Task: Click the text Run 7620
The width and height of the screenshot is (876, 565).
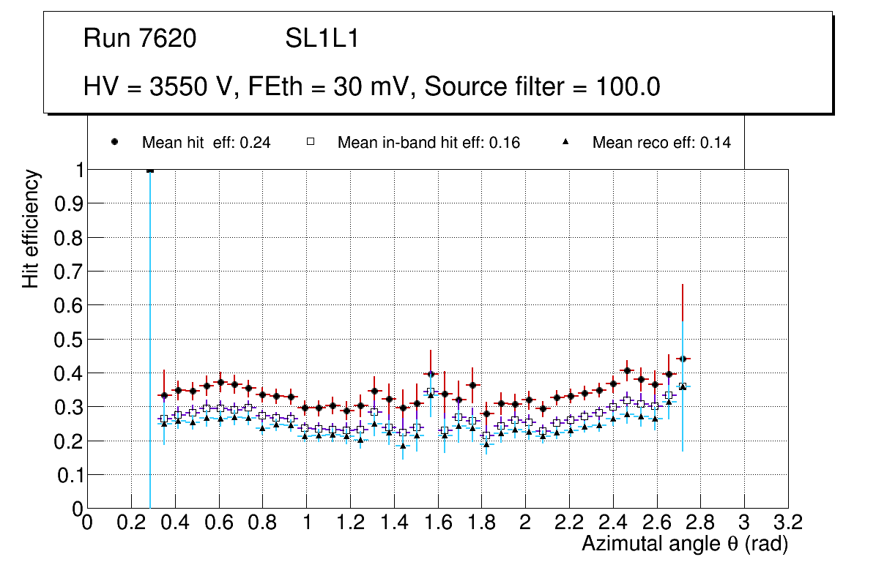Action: [140, 39]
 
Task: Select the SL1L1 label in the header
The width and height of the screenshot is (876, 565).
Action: [322, 39]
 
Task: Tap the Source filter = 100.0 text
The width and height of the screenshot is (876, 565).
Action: [542, 87]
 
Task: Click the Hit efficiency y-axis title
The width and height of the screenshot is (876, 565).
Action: [31, 228]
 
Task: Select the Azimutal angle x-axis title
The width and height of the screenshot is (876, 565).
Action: [684, 544]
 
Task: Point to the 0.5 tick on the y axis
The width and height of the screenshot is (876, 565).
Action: [68, 339]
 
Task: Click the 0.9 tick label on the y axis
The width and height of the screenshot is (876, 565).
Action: [68, 203]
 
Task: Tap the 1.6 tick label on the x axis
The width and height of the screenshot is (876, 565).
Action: [438, 523]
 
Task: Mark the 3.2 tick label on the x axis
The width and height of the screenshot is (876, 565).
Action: [788, 523]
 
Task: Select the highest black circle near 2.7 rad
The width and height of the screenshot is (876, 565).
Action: [683, 359]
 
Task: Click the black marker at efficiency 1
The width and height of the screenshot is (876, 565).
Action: [150, 170]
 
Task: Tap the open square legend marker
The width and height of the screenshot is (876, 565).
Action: [310, 143]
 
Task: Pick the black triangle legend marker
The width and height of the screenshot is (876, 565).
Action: [566, 143]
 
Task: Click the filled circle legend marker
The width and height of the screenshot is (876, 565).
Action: [115, 143]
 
